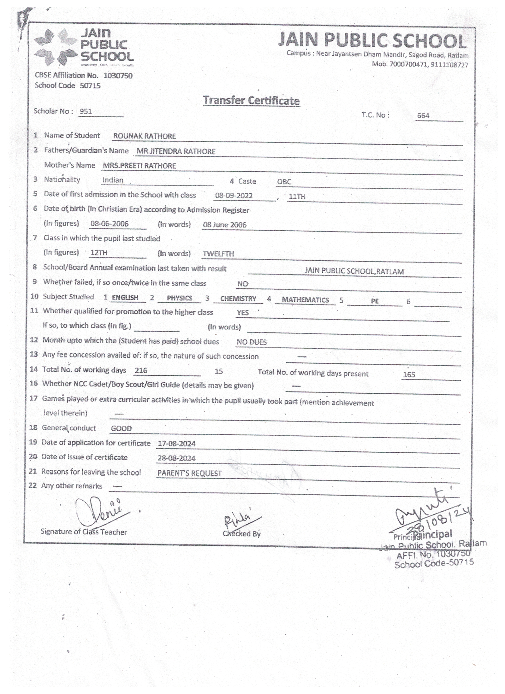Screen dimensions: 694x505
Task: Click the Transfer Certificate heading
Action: click(x=251, y=100)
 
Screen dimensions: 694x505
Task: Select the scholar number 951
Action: click(x=86, y=111)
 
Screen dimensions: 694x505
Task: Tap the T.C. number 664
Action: click(x=423, y=116)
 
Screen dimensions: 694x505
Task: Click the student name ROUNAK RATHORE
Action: click(x=145, y=136)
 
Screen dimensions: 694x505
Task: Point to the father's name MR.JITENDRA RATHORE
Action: click(x=176, y=151)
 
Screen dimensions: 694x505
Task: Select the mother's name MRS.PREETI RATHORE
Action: click(x=139, y=166)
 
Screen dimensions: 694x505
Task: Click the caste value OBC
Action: click(x=284, y=182)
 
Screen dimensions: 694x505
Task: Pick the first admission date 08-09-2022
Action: click(x=234, y=196)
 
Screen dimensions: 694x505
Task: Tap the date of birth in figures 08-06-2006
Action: click(x=109, y=224)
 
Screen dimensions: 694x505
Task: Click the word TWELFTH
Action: click(x=218, y=254)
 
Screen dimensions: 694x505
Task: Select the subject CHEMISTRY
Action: click(x=238, y=299)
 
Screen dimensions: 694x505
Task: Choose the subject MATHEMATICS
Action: click(x=305, y=300)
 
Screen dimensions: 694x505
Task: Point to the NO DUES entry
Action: click(x=252, y=342)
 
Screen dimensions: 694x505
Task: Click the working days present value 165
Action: click(x=409, y=375)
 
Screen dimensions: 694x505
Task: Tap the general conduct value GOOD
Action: click(x=121, y=428)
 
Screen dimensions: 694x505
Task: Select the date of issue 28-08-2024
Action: click(x=176, y=458)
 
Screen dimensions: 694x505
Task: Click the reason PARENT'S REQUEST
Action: click(x=189, y=473)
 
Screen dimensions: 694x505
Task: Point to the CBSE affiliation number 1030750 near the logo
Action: click(x=118, y=76)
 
